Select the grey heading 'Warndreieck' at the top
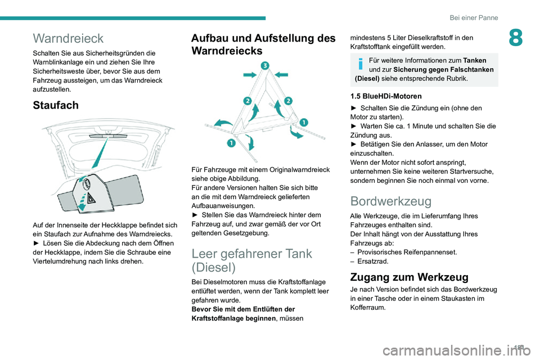pos(68,38)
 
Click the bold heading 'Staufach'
pos(56,105)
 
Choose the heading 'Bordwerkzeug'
pos(390,201)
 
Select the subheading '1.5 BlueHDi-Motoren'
pos(386,96)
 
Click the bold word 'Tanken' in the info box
pos(475,60)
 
